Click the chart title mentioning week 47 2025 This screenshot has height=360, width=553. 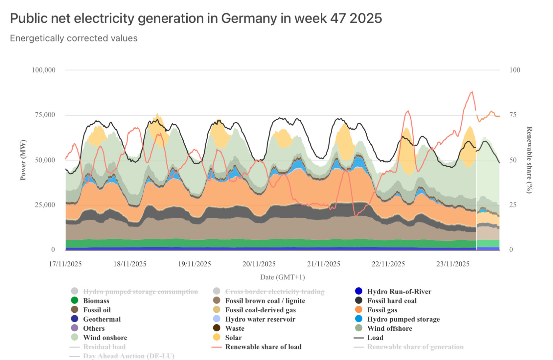(x=196, y=18)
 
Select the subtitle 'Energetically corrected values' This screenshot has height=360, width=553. (x=74, y=38)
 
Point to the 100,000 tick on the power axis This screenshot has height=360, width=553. (x=43, y=70)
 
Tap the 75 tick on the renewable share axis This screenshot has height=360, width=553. (x=513, y=115)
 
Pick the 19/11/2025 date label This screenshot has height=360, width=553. (x=195, y=264)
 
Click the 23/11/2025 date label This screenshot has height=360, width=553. (x=453, y=264)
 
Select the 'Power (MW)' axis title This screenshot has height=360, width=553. (x=23, y=160)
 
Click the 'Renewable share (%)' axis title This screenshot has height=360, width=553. (x=529, y=160)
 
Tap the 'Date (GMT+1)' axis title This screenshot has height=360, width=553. (x=283, y=277)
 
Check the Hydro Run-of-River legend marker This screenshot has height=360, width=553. (x=359, y=291)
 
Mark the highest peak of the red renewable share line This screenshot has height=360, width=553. (x=472, y=92)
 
